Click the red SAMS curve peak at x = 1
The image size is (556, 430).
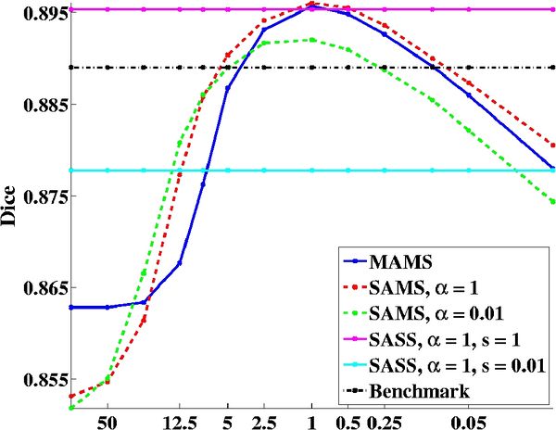pos(312,3)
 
